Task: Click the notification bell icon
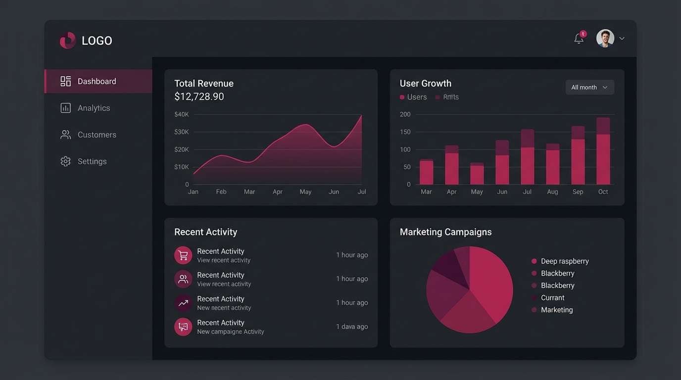click(x=579, y=39)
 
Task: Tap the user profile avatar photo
click(x=605, y=38)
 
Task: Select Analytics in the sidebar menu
click(x=94, y=108)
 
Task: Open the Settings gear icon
click(x=65, y=161)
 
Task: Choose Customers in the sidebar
click(x=97, y=135)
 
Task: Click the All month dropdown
click(x=589, y=88)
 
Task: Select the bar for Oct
click(x=603, y=151)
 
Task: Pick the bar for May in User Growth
click(x=477, y=174)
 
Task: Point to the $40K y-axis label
click(x=182, y=114)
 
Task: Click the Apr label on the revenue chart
click(x=278, y=192)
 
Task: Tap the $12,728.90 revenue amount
click(x=199, y=96)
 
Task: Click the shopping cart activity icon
click(x=183, y=255)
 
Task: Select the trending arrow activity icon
click(x=183, y=303)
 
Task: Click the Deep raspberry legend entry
click(x=564, y=261)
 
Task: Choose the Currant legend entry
click(x=552, y=298)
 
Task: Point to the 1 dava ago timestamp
click(x=352, y=327)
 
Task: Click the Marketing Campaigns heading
click(x=445, y=232)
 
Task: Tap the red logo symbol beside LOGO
click(x=68, y=41)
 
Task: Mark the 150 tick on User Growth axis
click(x=405, y=132)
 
